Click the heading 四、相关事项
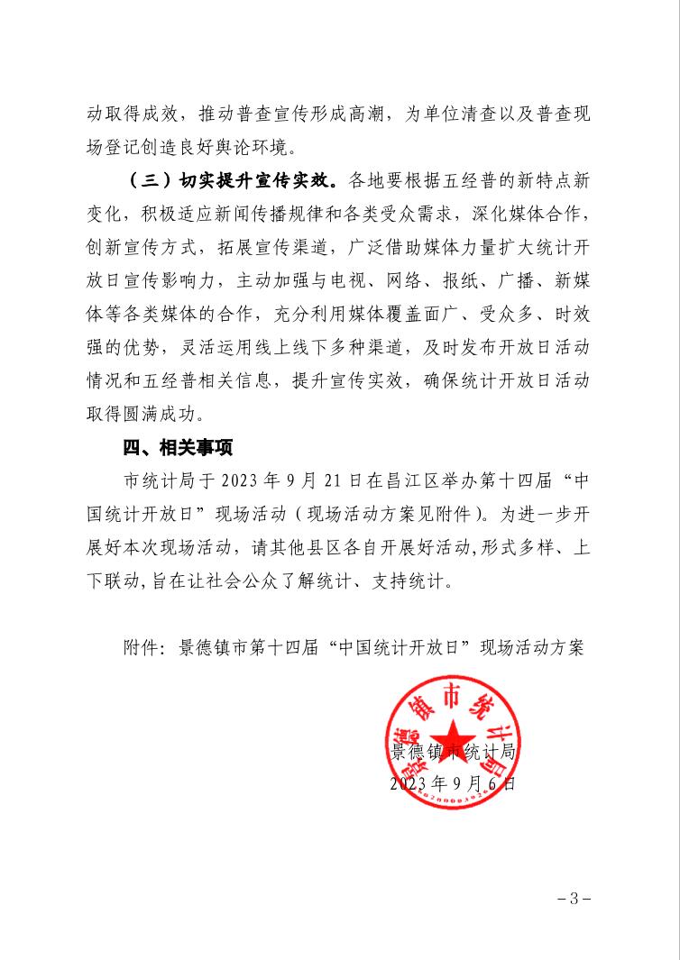(x=178, y=447)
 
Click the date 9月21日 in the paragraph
(x=317, y=479)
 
